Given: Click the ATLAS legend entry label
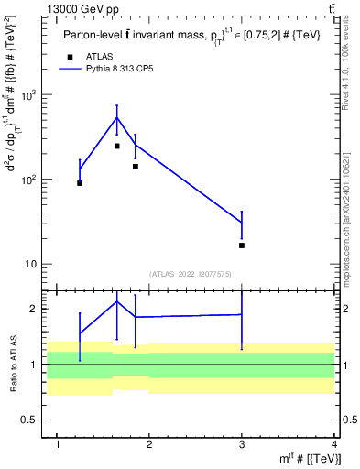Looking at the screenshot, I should tap(100, 56).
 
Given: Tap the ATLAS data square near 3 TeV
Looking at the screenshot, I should tap(242, 245).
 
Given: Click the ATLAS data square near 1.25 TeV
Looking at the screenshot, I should tap(80, 183).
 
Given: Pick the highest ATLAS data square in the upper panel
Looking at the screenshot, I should tap(117, 147).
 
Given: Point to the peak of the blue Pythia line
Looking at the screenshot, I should tap(117, 117).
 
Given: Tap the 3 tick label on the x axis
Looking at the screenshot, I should tap(242, 445).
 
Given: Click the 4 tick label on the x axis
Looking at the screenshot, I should tap(334, 445).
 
